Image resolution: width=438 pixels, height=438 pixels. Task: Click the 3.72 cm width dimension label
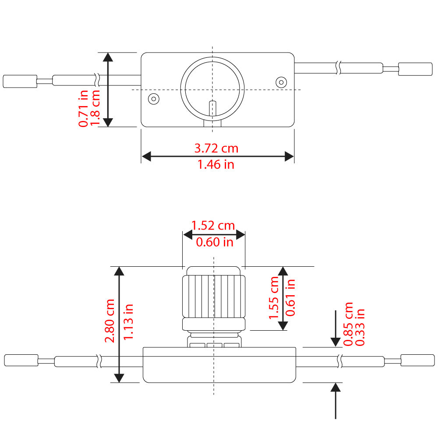pos(216,148)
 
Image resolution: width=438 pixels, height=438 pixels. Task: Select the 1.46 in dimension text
pos(216,165)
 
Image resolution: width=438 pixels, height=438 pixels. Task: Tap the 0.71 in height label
pos(83,108)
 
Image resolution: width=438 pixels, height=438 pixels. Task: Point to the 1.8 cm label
pos(95,107)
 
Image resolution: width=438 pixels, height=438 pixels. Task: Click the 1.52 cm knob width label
pos(213,226)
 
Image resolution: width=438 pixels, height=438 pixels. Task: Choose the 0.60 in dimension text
pos(214,242)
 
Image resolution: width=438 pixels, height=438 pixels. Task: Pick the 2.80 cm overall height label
pos(110,321)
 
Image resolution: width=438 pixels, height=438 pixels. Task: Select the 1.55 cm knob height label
pos(275,297)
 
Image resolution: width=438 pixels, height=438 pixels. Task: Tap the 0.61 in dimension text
pos(290,297)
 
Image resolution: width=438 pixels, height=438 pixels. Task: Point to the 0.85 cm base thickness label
pos(349,324)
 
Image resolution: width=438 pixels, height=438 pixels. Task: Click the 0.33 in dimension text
pos(360,326)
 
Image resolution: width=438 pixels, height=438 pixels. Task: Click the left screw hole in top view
pos(153,99)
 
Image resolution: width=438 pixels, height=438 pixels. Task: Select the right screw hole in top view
pos(280,82)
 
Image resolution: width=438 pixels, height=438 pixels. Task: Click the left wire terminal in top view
pos(19,81)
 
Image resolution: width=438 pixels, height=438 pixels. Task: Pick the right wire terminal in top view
pos(412,69)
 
